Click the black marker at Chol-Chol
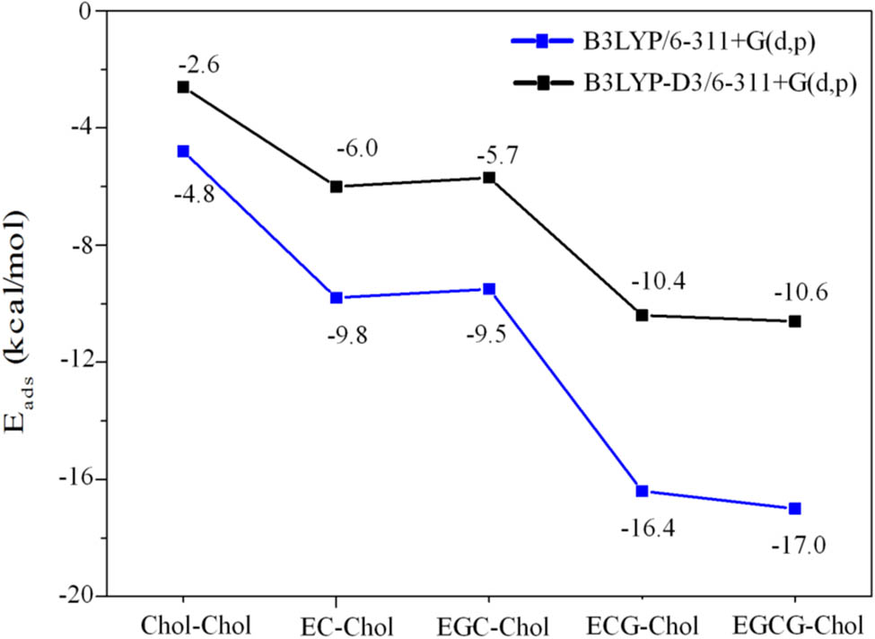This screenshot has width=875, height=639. (183, 87)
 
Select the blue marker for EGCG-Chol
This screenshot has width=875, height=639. (794, 509)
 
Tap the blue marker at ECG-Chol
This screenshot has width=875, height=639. (642, 491)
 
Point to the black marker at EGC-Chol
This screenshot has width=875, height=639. (489, 178)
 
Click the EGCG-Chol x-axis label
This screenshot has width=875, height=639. (794, 622)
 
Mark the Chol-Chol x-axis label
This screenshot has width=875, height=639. (182, 622)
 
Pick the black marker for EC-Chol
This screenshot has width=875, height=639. (337, 187)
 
